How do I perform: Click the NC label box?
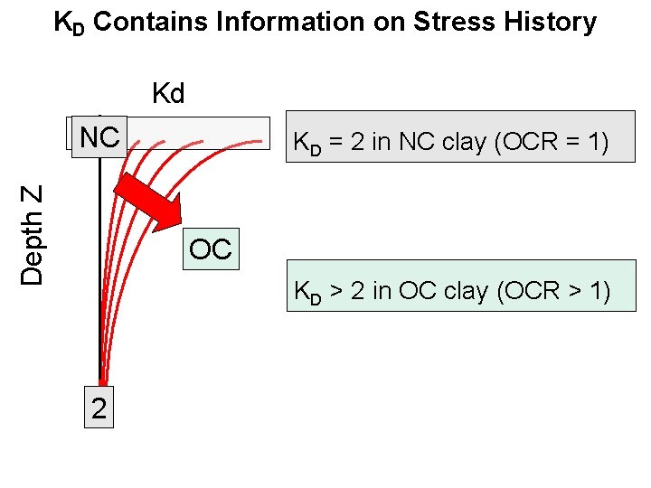click(99, 138)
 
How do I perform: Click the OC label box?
click(212, 249)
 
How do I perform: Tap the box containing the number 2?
click(99, 408)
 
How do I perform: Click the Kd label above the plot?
click(168, 94)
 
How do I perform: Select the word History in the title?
click(551, 22)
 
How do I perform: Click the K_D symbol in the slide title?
click(68, 23)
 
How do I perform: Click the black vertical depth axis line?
click(99, 271)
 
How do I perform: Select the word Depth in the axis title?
click(33, 247)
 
